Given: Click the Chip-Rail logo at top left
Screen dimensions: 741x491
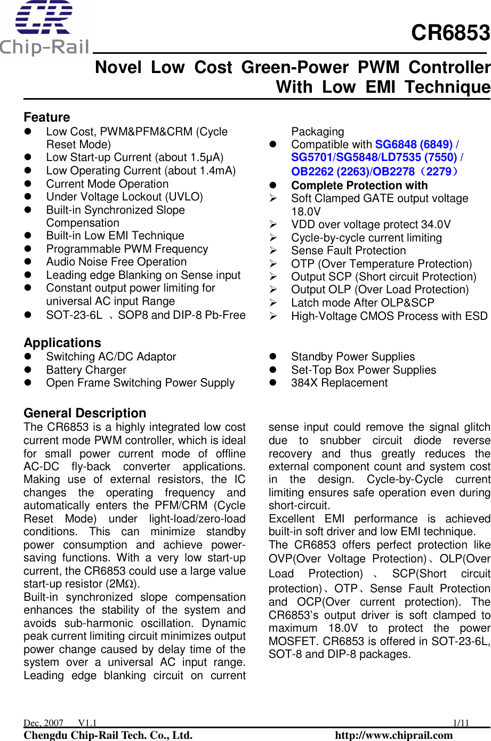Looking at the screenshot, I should pos(44,28).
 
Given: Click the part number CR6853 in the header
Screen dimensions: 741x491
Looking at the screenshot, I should pos(450,33).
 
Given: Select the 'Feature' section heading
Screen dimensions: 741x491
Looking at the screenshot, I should pos(47,117).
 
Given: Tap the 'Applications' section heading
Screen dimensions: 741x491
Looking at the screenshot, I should pos(62,343).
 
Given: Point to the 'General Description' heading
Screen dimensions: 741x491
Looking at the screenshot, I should pos(85,413).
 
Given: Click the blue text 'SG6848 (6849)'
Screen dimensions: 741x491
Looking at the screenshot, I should pos(414,144).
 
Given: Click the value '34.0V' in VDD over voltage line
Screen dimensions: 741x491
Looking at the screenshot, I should pos(435,224).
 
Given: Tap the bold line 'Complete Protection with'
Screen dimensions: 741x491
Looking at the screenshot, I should pos(359,186).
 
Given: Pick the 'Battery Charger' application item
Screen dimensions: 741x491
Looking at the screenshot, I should pos(86,370).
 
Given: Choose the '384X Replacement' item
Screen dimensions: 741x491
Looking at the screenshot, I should pos(340,383).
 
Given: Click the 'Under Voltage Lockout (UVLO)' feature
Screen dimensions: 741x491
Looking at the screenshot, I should pos(125,197).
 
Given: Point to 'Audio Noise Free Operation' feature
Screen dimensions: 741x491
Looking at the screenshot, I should pos(117,262).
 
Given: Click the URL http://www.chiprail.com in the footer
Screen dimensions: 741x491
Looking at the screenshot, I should pos(393,735).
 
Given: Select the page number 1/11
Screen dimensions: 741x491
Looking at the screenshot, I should pos(461,723).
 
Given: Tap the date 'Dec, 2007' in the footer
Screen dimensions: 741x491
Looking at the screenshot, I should pos(43,723).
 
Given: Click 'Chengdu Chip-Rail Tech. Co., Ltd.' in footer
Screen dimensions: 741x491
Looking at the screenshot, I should pos(108,735).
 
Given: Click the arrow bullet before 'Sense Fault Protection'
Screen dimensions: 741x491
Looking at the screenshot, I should pos(273,251).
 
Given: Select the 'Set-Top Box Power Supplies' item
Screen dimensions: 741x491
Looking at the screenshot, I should pos(364,370).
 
